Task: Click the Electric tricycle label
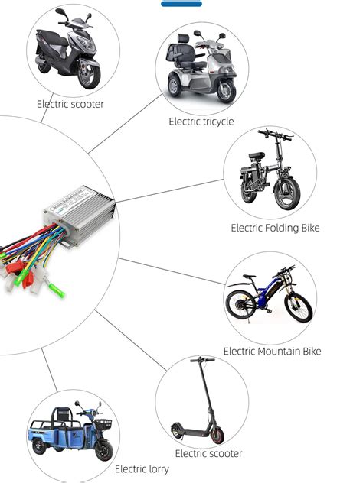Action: tap(201, 122)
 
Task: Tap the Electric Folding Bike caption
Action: tap(275, 228)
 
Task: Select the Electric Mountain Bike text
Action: tap(272, 352)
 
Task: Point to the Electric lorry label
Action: tap(142, 468)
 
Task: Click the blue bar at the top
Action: tap(181, 4)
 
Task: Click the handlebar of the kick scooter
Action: tap(202, 359)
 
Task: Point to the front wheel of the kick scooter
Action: tap(217, 434)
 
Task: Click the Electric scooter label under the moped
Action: tap(70, 104)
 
